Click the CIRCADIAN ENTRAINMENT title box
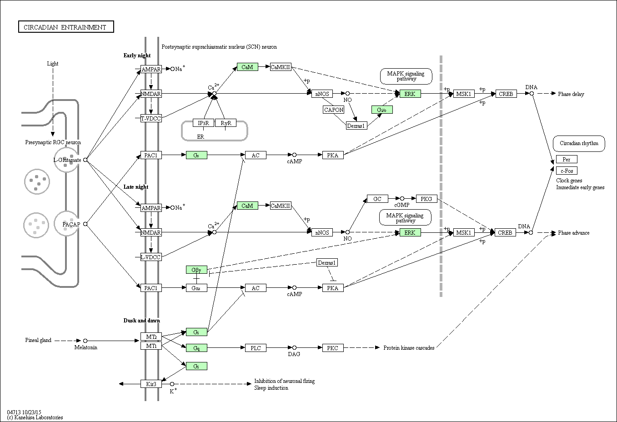click(x=65, y=27)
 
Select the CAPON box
click(x=334, y=110)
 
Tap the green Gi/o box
click(x=382, y=110)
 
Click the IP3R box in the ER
click(x=203, y=123)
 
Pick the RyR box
click(x=226, y=123)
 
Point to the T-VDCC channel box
click(x=151, y=118)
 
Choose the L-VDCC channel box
click(x=151, y=257)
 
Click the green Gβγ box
click(x=196, y=270)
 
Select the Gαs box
click(x=196, y=288)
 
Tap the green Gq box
click(x=196, y=348)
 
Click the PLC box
click(x=256, y=348)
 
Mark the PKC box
click(x=333, y=348)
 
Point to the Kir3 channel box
click(x=151, y=384)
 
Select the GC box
click(x=377, y=199)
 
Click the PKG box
click(x=426, y=199)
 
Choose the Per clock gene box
click(x=567, y=159)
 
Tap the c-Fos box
click(x=567, y=171)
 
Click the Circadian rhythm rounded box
click(x=579, y=144)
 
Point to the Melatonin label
click(x=86, y=347)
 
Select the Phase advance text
click(x=573, y=233)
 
